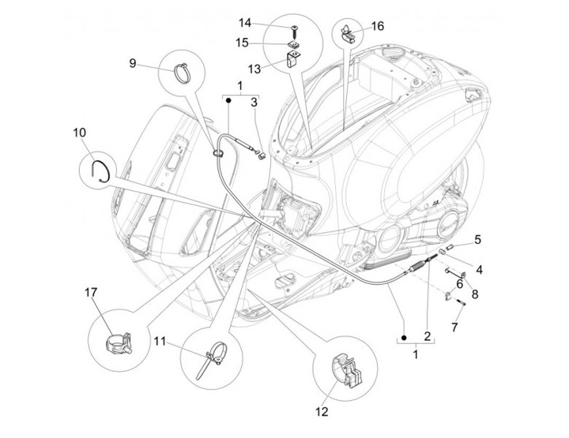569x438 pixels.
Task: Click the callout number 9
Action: [133, 62]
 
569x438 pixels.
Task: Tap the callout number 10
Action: [79, 133]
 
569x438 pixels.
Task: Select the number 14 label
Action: [266, 22]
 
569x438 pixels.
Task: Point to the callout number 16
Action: [378, 26]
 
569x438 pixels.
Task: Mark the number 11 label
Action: [159, 342]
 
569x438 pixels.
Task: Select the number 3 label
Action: [254, 101]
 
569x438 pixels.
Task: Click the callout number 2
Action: [428, 336]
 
